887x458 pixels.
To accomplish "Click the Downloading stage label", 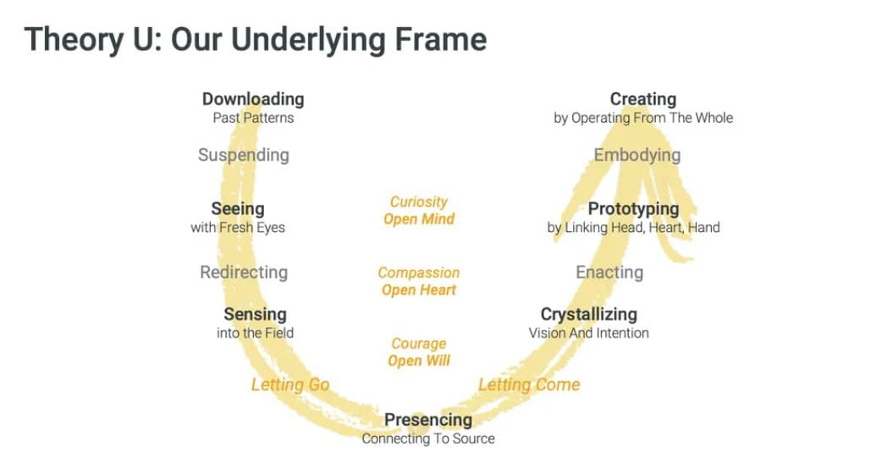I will pos(252,100).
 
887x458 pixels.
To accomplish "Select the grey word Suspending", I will pos(243,155).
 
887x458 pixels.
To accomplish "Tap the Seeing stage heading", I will pos(238,208).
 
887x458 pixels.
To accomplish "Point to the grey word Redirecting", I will pos(244,272).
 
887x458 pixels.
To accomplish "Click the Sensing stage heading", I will pos(255,315).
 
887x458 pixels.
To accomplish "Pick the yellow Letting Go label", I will pos(290,384).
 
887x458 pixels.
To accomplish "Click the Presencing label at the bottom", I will pos(428,420).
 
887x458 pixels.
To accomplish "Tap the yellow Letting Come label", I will pos(529,384).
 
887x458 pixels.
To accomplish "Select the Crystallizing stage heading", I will pos(588,315).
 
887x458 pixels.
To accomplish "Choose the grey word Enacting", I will pos(609,272).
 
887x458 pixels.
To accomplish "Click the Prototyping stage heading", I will pos(633,208).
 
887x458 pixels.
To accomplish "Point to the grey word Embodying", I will pos(636,155).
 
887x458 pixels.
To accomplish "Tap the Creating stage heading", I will pos(643,100).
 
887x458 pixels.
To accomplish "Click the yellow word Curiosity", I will pos(419,201).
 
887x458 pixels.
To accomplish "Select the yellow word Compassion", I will pos(419,273).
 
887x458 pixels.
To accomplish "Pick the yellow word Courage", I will pos(419,344).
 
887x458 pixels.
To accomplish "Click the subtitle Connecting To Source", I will pos(428,439).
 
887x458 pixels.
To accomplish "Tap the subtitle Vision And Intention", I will pos(588,334).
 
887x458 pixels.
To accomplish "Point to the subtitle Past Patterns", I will pos(253,119).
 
